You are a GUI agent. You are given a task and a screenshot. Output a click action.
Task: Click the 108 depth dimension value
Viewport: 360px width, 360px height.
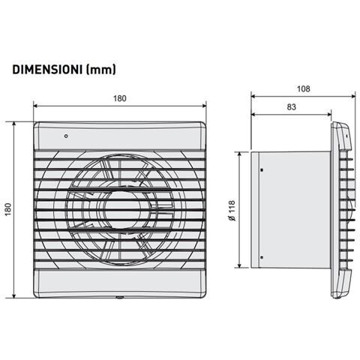(304, 88)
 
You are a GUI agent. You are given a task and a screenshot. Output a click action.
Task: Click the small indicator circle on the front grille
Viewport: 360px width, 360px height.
(67, 137)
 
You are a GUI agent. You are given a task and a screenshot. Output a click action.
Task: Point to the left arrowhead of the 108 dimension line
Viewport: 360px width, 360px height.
(253, 97)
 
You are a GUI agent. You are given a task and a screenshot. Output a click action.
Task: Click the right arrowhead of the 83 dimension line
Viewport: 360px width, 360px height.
(333, 115)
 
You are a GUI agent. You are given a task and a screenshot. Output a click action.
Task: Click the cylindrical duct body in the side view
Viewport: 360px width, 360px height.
(292, 210)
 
